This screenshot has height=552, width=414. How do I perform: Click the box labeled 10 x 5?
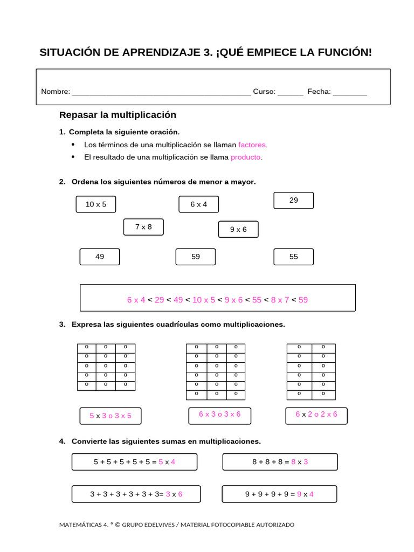96,204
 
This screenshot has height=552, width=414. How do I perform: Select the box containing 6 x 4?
198,204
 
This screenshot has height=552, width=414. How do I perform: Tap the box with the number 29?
293,201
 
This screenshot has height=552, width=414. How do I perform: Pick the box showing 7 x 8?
143,227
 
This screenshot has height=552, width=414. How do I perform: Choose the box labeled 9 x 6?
238,229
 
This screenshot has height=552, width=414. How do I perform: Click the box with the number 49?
100,257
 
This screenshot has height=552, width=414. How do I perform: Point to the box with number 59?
195,257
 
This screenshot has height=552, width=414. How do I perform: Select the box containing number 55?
293,257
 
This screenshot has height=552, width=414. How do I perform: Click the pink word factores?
252,145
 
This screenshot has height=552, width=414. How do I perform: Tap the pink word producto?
245,157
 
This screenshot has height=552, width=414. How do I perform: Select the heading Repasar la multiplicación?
118,115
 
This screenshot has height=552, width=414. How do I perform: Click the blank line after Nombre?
161,92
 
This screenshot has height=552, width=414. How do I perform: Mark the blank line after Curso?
291,92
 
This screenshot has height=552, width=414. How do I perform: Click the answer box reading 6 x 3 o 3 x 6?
219,415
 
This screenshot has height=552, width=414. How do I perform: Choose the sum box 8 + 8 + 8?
280,462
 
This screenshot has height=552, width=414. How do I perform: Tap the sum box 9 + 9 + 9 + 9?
279,494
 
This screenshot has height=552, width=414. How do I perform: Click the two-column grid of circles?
311,371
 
